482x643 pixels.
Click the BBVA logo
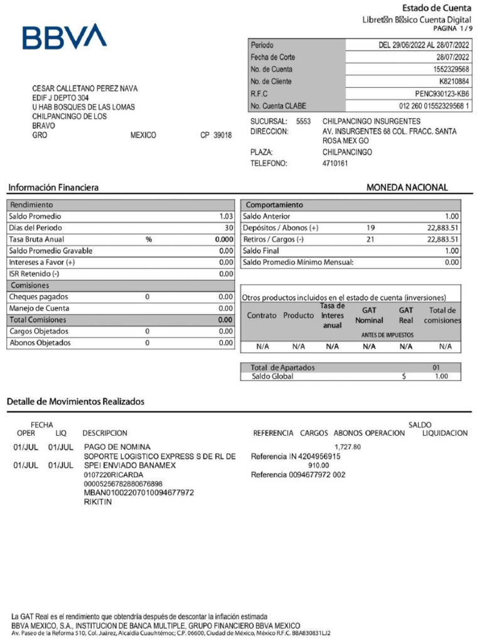tap(65, 37)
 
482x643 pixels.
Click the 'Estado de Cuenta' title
tap(437, 8)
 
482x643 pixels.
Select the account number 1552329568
tap(451, 69)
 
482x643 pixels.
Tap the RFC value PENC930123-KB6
tap(442, 94)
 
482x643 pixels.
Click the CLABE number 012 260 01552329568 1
tap(434, 106)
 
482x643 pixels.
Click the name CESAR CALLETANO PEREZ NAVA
tap(85, 89)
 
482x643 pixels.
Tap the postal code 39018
tap(222, 136)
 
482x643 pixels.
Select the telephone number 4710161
tap(335, 163)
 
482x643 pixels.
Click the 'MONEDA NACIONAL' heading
tap(407, 187)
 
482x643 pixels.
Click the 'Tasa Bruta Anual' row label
tap(36, 239)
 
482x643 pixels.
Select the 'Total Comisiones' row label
tap(38, 320)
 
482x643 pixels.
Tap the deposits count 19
tap(370, 228)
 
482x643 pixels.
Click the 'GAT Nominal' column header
tap(369, 315)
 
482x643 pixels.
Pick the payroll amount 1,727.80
tap(348, 447)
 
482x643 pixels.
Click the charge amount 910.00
tap(318, 465)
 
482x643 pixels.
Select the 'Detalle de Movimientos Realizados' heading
tap(75, 401)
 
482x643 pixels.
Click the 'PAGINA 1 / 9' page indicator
tap(452, 29)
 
